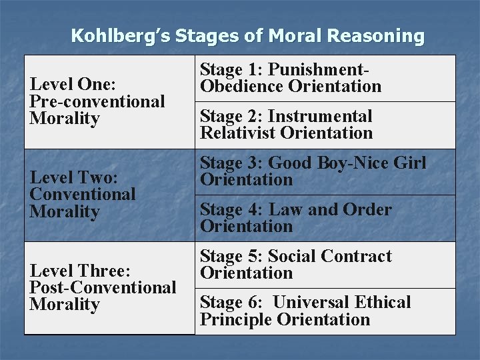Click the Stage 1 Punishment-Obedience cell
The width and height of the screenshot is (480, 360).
click(x=325, y=78)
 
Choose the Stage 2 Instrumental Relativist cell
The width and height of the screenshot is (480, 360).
click(x=325, y=125)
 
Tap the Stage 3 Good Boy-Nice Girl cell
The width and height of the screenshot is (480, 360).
click(x=325, y=171)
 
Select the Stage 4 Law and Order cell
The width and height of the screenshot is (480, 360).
click(x=325, y=218)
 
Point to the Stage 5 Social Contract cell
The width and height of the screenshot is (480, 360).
click(x=325, y=265)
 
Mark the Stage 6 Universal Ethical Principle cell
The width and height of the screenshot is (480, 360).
click(x=325, y=311)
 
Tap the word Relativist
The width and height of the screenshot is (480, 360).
click(x=237, y=133)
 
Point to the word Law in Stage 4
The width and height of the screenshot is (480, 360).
click(x=285, y=209)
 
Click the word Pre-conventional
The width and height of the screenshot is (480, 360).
click(x=97, y=101)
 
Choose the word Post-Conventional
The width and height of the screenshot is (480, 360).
click(x=103, y=287)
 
